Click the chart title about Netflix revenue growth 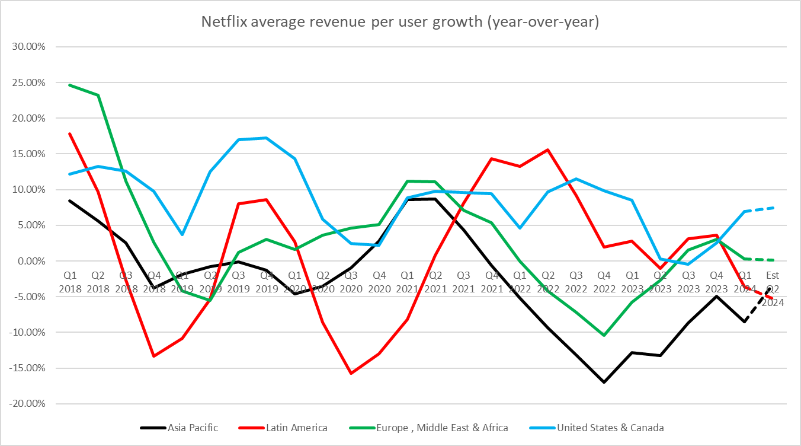coord(400,23)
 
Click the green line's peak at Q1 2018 coord(70,85)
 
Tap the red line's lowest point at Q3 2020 coord(351,373)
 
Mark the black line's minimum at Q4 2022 coord(603,382)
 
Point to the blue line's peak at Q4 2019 coord(267,138)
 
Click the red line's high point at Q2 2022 coord(547,149)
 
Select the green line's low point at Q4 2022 coord(603,335)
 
